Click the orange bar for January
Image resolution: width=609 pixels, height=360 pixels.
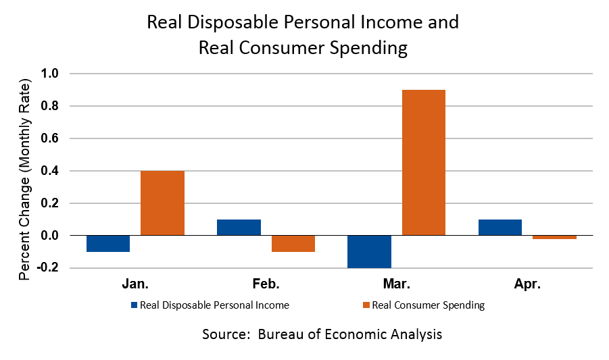(162, 203)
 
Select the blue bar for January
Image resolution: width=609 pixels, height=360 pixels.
(108, 244)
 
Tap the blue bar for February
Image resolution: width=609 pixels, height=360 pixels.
(239, 228)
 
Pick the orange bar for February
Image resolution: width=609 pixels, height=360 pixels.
(293, 244)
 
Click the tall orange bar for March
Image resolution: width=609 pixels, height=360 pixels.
(423, 162)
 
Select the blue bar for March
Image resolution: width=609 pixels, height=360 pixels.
(369, 251)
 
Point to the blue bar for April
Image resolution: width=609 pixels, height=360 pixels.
(500, 228)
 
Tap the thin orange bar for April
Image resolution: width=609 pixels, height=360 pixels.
(554, 237)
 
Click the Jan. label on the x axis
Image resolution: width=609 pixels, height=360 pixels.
(135, 284)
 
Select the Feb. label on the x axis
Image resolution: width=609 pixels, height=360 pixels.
(266, 284)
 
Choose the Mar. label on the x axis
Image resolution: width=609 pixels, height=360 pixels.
(396, 284)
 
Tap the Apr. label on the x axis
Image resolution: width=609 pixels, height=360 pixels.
(527, 284)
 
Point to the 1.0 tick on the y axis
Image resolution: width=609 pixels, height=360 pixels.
(51, 74)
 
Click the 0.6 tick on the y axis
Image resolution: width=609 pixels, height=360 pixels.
(51, 138)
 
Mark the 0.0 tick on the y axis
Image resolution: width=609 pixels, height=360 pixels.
(51, 236)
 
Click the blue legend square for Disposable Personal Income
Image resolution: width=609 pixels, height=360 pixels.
(134, 305)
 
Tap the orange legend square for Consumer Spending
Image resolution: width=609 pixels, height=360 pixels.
(366, 305)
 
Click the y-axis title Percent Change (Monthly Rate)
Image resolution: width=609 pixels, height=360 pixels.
(25, 180)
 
